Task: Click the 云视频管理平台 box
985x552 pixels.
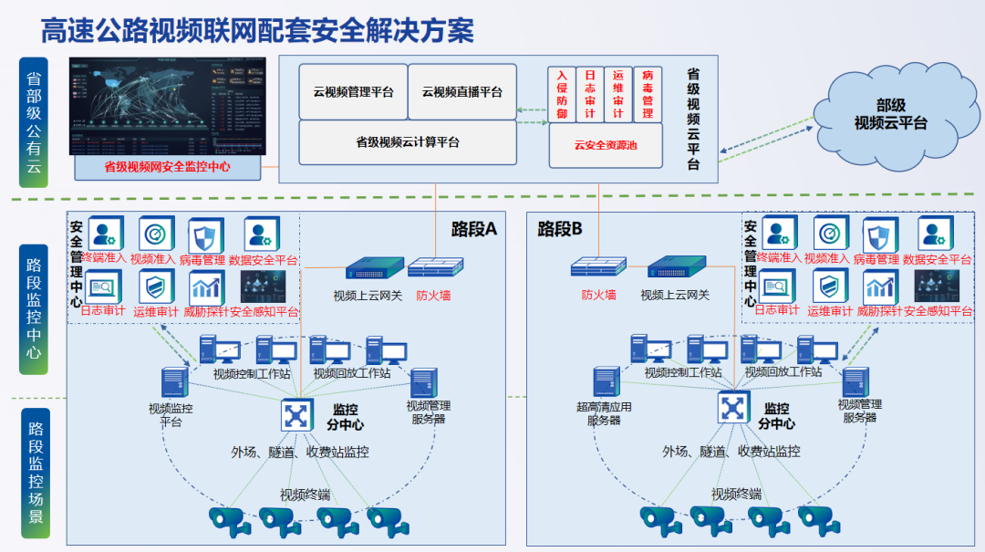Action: click(353, 91)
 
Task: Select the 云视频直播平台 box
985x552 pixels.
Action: click(461, 91)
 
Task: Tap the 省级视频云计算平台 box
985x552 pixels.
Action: click(407, 142)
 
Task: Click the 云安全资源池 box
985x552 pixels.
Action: click(605, 144)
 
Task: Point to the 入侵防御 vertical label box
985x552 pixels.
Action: click(562, 94)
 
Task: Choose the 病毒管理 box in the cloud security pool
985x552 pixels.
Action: click(648, 94)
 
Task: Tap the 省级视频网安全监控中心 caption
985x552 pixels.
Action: click(166, 167)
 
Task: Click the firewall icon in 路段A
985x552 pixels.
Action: click(434, 267)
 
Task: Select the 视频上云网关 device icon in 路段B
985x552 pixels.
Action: click(678, 266)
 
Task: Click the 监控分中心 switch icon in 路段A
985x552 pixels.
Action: click(295, 415)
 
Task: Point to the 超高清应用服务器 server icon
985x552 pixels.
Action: click(607, 382)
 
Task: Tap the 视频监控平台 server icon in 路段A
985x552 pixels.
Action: click(172, 383)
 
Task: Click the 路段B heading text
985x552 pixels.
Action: click(560, 229)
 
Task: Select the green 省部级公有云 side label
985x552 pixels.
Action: click(34, 122)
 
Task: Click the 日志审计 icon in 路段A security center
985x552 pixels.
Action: click(102, 288)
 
